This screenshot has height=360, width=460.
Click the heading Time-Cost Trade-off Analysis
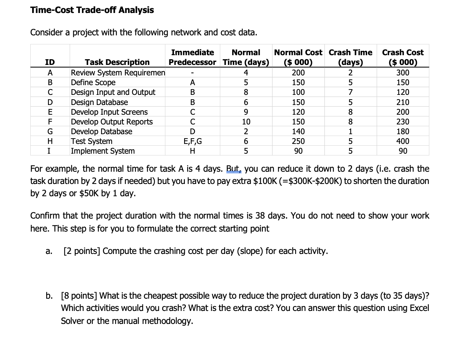tap(92, 10)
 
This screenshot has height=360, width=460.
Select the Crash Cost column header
tap(403, 57)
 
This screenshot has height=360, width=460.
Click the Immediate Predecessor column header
tap(192, 57)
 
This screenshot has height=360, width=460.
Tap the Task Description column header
tap(117, 62)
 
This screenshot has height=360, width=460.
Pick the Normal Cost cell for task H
tap(298, 141)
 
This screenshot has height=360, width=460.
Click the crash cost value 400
tap(403, 141)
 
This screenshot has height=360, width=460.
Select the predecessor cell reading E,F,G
tap(192, 141)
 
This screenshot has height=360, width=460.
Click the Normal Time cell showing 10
tap(246, 122)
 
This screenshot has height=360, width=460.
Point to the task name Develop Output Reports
tap(112, 122)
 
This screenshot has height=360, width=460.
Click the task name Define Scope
tap(93, 82)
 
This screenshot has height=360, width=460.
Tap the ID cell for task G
tap(50, 131)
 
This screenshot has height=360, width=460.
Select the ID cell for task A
tap(50, 73)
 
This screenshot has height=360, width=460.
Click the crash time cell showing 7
tap(350, 92)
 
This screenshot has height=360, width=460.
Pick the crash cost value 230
tap(403, 122)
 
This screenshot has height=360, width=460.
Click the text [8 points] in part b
tap(79, 296)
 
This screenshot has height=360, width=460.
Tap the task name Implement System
tap(103, 151)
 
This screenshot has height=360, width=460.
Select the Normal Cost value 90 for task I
tap(298, 151)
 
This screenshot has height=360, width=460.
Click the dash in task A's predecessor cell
tap(192, 73)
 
